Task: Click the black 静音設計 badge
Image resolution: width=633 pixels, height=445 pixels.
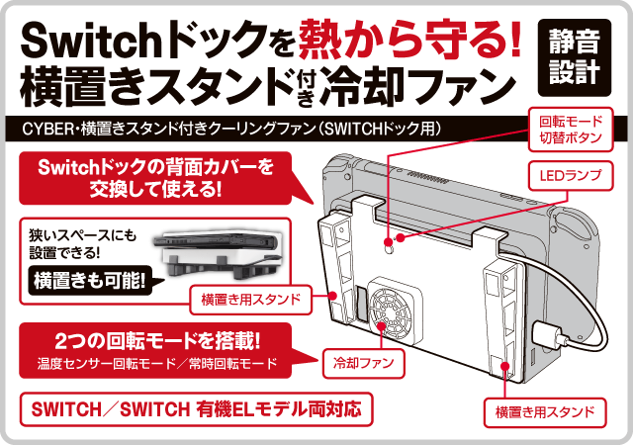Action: pos(574,57)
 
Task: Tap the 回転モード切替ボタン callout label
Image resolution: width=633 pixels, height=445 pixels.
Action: pos(571,130)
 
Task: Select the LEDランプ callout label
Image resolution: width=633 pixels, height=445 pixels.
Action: pos(571,176)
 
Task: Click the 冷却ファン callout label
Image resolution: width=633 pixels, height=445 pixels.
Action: pos(363,363)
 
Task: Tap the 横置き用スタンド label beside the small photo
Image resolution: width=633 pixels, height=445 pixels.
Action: pos(250,300)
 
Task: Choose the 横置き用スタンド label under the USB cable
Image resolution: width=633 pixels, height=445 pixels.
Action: pos(545,412)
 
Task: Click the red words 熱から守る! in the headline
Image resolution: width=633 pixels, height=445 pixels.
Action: pos(409,40)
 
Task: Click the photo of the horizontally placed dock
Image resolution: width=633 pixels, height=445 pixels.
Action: pos(216,253)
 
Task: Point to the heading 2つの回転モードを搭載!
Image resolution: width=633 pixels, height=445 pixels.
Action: pos(157,341)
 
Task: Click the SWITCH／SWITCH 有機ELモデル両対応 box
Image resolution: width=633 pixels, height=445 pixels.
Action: pos(196,409)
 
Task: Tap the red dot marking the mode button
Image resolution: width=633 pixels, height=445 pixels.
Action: pos(389,242)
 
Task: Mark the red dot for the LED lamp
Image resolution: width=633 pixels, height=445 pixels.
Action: pos(401,238)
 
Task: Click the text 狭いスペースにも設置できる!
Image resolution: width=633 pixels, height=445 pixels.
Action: pos(83,244)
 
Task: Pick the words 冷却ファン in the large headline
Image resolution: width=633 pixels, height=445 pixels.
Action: pos(417,86)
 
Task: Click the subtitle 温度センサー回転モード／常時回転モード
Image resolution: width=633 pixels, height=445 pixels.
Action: pos(157,364)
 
